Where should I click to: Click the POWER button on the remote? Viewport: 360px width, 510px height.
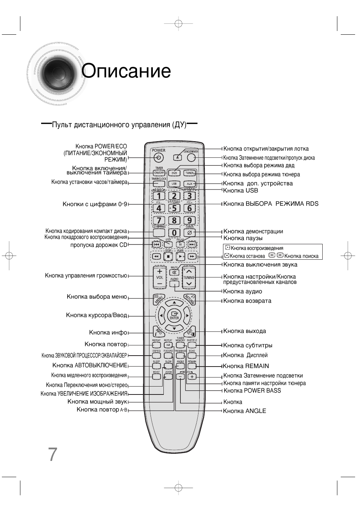pos(159,158)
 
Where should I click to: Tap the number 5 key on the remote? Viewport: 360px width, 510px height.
pos(174,208)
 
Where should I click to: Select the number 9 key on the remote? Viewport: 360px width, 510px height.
pos(189,220)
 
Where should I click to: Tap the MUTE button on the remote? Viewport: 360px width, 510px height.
pos(174,272)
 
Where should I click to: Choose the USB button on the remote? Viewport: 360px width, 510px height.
pos(174,184)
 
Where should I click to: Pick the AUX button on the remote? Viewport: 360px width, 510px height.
pos(189,184)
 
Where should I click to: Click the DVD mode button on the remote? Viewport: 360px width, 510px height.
pos(174,173)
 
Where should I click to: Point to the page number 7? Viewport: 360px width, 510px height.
pos(52,455)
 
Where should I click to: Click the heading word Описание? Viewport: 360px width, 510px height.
pos(126,71)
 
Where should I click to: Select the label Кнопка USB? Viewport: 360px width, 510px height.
pos(241,191)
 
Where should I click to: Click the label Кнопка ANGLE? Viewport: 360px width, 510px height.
pos(245,411)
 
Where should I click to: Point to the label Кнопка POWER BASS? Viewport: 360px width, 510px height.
pos(252,391)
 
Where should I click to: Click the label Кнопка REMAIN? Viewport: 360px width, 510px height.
pos(246,366)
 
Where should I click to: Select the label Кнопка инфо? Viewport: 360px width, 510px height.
pos(108,333)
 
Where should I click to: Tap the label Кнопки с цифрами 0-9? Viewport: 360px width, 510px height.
pos(95,204)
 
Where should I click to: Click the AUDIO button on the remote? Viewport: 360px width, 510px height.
pos(174,282)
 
